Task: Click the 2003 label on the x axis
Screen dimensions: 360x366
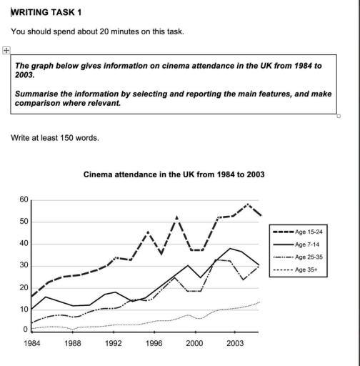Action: coord(235,343)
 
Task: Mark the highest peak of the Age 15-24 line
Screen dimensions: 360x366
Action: coord(247,204)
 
